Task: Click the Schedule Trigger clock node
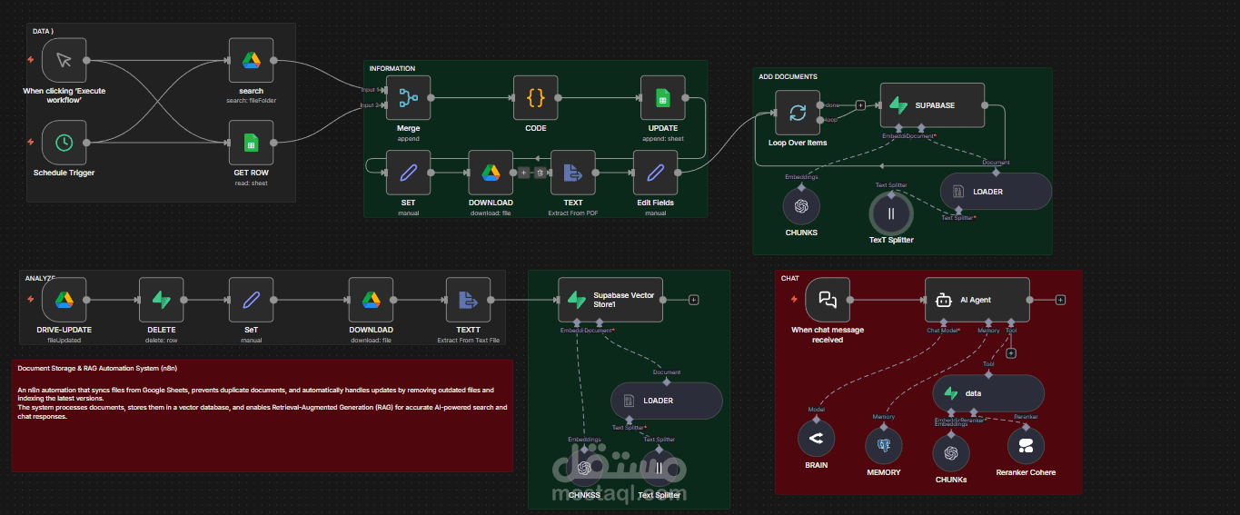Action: pyautogui.click(x=64, y=143)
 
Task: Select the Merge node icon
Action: pyautogui.click(x=408, y=98)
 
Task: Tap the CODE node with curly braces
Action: pyautogui.click(x=535, y=98)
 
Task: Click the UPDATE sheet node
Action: pyautogui.click(x=662, y=98)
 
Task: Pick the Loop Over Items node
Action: pyautogui.click(x=797, y=113)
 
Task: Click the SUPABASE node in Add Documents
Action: pyautogui.click(x=932, y=105)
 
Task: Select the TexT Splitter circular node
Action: pyautogui.click(x=891, y=214)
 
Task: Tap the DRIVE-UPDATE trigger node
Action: pyautogui.click(x=64, y=300)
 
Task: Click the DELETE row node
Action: pyautogui.click(x=162, y=300)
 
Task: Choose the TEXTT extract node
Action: pyautogui.click(x=468, y=300)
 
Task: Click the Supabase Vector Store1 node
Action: pyautogui.click(x=610, y=300)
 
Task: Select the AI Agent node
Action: pyautogui.click(x=977, y=300)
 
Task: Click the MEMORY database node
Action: pyautogui.click(x=884, y=445)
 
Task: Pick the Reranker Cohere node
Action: pyautogui.click(x=1026, y=445)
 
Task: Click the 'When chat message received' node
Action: pyautogui.click(x=828, y=300)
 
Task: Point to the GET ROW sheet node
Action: pyautogui.click(x=251, y=143)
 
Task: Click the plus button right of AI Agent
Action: pyautogui.click(x=1060, y=300)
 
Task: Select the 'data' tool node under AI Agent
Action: pyautogui.click(x=988, y=393)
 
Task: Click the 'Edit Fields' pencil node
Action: pyautogui.click(x=655, y=173)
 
